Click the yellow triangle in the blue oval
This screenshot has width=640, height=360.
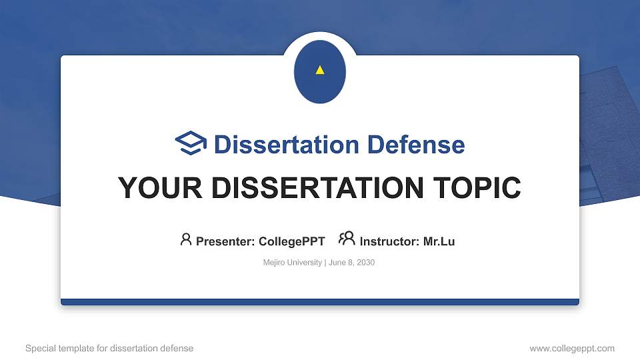tap(320, 70)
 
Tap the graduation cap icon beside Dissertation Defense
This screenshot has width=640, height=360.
tap(191, 144)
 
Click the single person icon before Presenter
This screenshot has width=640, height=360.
tap(186, 239)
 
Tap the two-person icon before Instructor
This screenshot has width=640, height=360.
tap(347, 239)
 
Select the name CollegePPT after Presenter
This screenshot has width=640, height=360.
tap(291, 241)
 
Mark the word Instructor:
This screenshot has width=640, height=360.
tap(389, 241)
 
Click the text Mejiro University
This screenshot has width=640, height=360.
tap(293, 263)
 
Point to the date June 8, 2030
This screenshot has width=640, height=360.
tap(352, 263)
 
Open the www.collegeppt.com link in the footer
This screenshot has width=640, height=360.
tap(572, 348)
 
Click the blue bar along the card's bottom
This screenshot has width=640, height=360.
tap(320, 302)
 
